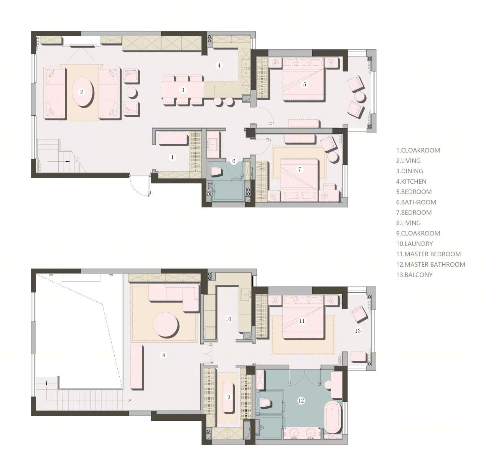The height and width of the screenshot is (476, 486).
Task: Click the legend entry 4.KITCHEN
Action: (x=411, y=181)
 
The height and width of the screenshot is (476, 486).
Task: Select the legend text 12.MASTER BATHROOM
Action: (x=430, y=264)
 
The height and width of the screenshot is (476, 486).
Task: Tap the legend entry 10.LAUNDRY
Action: (x=414, y=244)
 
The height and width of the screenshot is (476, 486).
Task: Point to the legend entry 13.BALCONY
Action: (x=414, y=275)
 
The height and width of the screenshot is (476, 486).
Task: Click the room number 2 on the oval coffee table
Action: (x=81, y=92)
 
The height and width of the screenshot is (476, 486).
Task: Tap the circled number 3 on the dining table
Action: (x=183, y=90)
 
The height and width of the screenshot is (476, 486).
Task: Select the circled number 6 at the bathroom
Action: (x=234, y=161)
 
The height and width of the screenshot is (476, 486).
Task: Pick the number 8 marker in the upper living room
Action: (x=163, y=355)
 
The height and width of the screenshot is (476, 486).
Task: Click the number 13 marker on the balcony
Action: (x=357, y=331)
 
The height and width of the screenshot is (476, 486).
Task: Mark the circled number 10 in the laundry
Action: (x=228, y=319)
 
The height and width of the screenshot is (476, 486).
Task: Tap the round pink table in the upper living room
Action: (x=166, y=324)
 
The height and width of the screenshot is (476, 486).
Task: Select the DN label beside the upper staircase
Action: (x=129, y=400)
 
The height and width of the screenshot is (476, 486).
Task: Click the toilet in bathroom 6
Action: (x=216, y=172)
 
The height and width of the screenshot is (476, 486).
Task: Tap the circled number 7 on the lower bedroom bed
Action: (x=300, y=169)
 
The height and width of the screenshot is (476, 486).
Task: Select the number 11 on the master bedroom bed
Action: (x=302, y=321)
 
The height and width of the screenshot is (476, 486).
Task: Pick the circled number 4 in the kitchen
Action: (x=219, y=66)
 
